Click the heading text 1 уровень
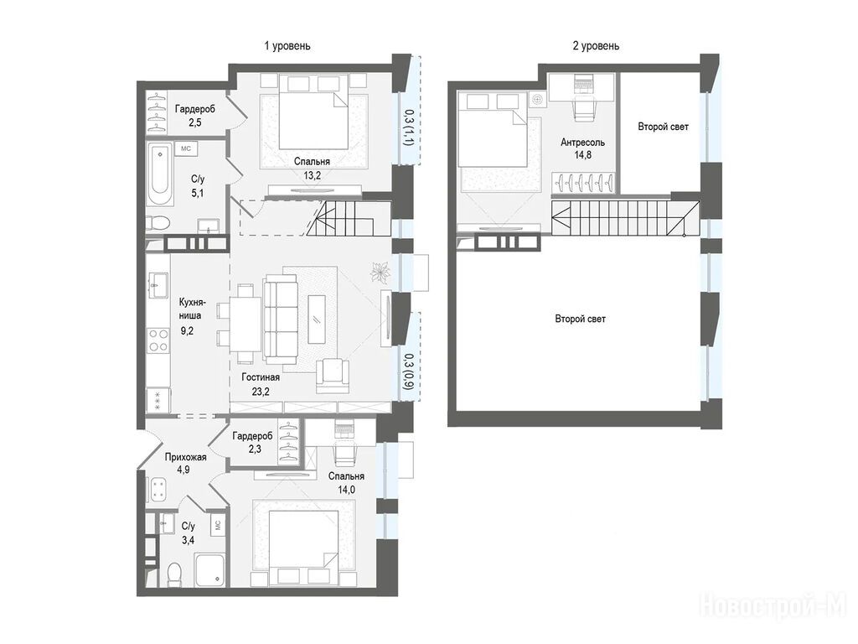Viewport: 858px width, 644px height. coord(287,46)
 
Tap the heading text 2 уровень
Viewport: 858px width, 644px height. coord(596,46)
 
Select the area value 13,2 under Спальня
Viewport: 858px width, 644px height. coord(312,175)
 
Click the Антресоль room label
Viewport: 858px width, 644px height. coord(583,143)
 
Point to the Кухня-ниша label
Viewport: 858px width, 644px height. coord(192,309)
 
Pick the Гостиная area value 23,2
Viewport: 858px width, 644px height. coord(261,392)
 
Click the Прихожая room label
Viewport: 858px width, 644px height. coord(185,457)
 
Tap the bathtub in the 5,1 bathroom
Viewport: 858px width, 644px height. coord(160,174)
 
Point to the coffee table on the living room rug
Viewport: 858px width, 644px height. coord(317,319)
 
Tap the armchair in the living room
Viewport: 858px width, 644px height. coord(333,374)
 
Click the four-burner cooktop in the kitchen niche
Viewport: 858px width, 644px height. coord(158,340)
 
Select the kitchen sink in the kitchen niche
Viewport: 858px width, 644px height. coord(158,284)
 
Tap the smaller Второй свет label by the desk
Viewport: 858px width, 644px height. coord(664,127)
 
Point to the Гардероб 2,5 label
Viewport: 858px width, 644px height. coord(194,115)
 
